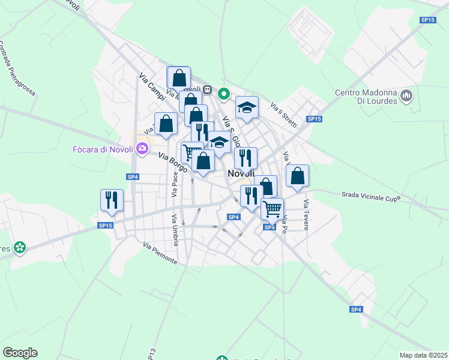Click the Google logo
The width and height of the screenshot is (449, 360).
pyautogui.click(x=20, y=353)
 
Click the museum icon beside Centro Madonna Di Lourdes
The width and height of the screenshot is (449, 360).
pyautogui.click(x=407, y=95)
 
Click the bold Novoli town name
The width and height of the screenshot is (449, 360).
pyautogui.click(x=243, y=173)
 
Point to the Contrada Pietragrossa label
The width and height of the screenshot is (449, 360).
pyautogui.click(x=17, y=69)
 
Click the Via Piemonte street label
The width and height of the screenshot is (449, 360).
pyautogui.click(x=160, y=253)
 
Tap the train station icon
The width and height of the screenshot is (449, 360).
pyautogui.click(x=208, y=90)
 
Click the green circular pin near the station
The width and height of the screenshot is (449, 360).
pyautogui.click(x=224, y=94)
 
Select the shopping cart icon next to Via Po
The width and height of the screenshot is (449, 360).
pyautogui.click(x=272, y=209)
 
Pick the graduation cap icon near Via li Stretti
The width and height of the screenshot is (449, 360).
pyautogui.click(x=247, y=107)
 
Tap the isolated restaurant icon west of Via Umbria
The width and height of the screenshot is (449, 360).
pyautogui.click(x=112, y=200)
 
